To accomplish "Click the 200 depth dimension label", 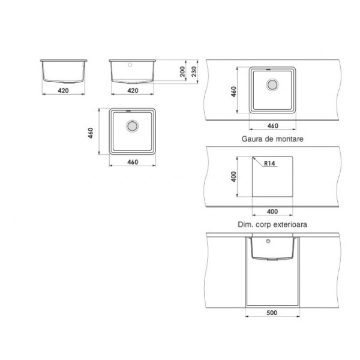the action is [x=182, y=71].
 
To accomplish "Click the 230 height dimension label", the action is [x=194, y=71].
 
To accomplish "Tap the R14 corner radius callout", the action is [x=269, y=163].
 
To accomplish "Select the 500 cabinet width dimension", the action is [x=272, y=313].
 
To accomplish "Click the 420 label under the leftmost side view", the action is [x=63, y=91].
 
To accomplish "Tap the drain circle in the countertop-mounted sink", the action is [x=272, y=85].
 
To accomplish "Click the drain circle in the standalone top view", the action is [x=132, y=126].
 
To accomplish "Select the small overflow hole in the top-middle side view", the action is [x=130, y=65].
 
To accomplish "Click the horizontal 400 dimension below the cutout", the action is [x=272, y=211].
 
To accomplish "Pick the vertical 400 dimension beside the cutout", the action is [x=233, y=176].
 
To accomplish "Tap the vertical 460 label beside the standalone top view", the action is [x=91, y=133].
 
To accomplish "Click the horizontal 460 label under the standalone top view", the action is [x=133, y=162].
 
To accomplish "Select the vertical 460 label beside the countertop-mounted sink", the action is [x=233, y=92].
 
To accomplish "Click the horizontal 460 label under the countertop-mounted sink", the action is [x=273, y=126].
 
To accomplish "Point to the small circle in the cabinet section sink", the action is [x=268, y=241].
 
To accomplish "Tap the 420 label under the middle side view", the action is [x=133, y=91].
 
